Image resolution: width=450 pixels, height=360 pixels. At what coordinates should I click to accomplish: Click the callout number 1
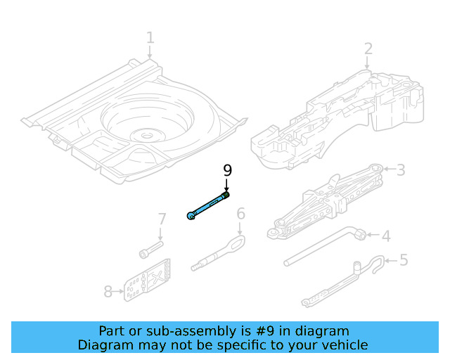click(x=150, y=37)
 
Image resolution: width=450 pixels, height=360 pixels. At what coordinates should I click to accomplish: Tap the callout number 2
click(x=368, y=49)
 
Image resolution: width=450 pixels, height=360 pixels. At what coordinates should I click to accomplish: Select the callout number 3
click(x=401, y=169)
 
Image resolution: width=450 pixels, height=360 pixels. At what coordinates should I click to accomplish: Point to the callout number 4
click(x=385, y=236)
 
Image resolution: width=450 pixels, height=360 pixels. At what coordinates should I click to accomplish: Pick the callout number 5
click(x=403, y=260)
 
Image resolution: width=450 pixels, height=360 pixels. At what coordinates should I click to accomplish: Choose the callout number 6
click(x=240, y=213)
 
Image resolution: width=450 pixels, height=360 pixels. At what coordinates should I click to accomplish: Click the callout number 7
click(x=161, y=219)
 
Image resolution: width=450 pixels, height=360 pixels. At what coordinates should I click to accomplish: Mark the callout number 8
click(x=108, y=291)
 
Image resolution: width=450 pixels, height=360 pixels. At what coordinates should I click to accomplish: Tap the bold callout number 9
click(x=226, y=170)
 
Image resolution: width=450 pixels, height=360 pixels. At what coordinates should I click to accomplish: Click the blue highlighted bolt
click(x=208, y=205)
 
